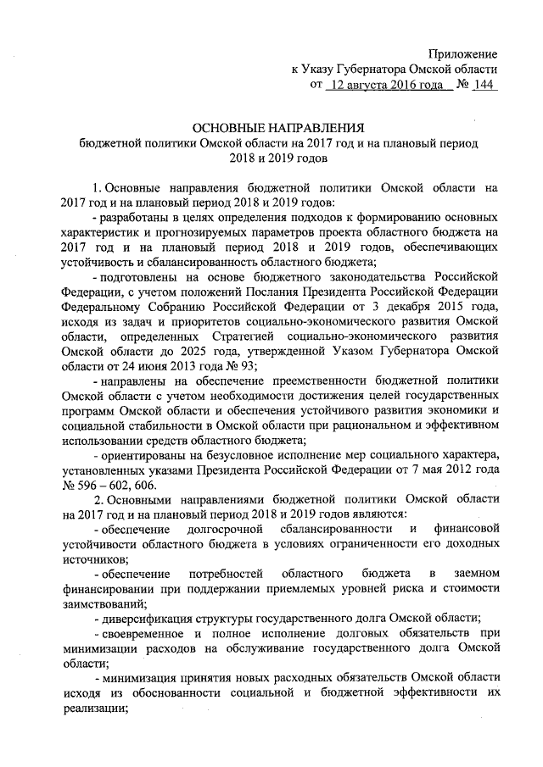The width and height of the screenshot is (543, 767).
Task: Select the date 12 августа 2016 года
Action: coord(386,85)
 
